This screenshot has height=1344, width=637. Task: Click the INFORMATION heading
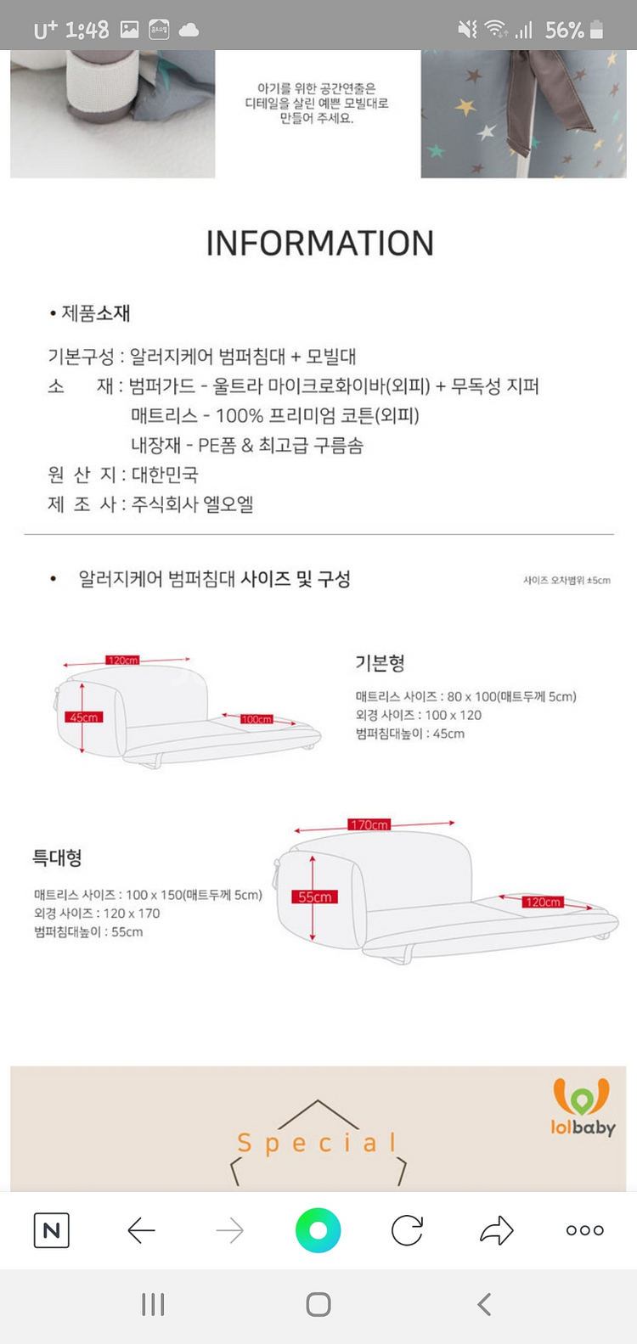point(319,244)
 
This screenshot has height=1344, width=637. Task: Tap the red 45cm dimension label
point(83,717)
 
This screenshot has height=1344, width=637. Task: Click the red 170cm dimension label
point(369,824)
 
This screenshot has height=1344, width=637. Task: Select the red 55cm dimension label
point(314,897)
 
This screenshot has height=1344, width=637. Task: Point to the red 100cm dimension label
point(256,719)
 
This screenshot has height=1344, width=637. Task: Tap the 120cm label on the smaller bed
point(122,660)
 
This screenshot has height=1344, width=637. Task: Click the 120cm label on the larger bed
point(543,902)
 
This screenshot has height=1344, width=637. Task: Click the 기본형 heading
point(380,663)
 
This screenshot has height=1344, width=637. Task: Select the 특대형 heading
point(57,858)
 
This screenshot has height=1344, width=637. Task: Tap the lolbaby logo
point(582,1107)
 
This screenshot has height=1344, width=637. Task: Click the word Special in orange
point(318,1143)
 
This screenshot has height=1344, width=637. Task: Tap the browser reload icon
point(407,1230)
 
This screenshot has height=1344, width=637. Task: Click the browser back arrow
point(141,1230)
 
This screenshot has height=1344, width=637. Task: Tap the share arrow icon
point(496,1230)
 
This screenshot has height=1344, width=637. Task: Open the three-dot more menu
point(584,1230)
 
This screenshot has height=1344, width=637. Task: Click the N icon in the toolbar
point(52,1230)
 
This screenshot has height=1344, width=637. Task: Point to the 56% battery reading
point(565,31)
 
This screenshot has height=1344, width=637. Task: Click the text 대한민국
point(165,475)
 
